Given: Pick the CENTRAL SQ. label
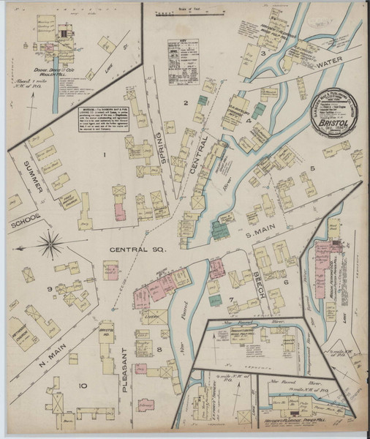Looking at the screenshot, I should click(x=136, y=249).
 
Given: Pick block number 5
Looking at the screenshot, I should click(x=312, y=169).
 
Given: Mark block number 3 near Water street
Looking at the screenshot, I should click(x=262, y=53).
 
